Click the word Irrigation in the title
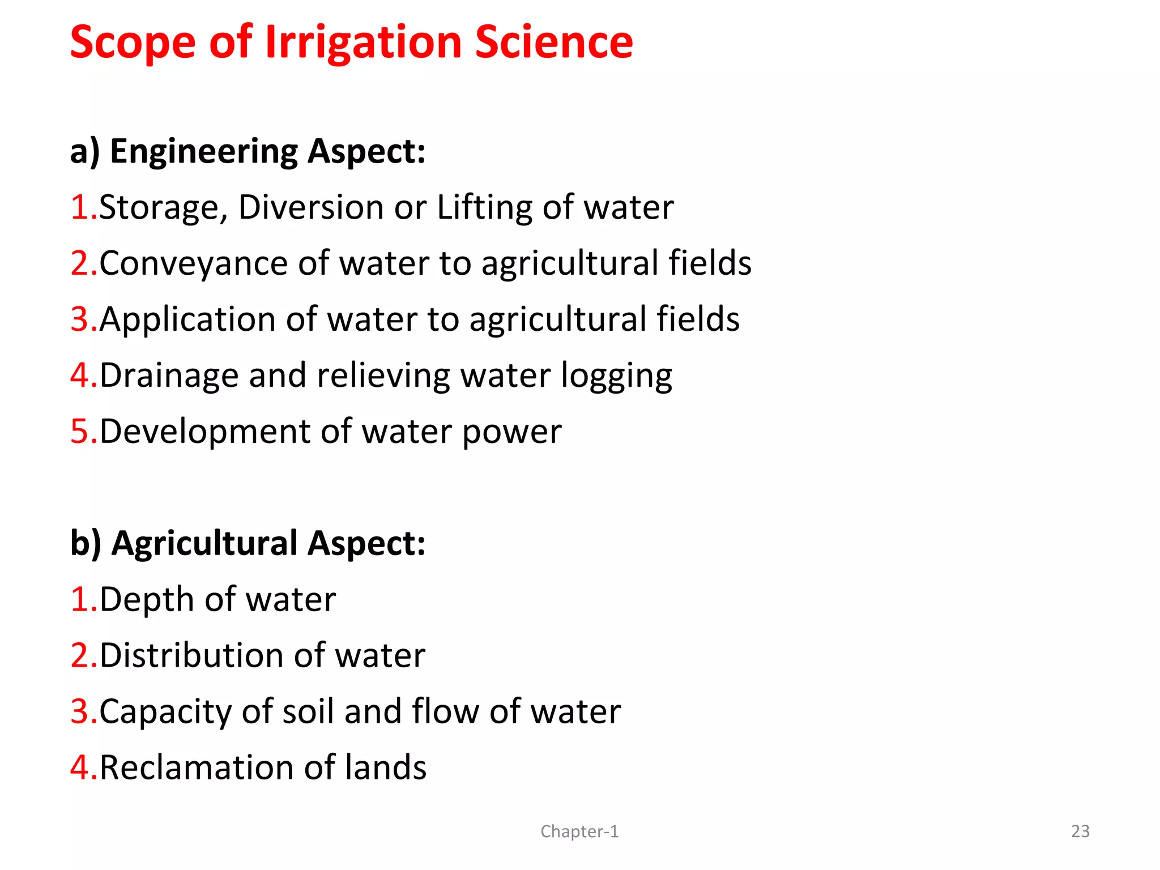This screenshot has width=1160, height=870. click(x=363, y=43)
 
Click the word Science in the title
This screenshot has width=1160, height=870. click(x=553, y=43)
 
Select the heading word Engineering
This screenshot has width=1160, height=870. click(x=203, y=152)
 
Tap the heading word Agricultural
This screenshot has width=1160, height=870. click(x=204, y=544)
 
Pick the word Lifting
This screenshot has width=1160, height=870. click(x=484, y=207)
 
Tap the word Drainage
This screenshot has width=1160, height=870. click(x=169, y=376)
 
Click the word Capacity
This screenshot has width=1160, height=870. click(x=165, y=713)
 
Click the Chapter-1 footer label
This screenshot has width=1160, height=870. click(x=579, y=831)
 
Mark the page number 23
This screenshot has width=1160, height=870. click(x=1080, y=831)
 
